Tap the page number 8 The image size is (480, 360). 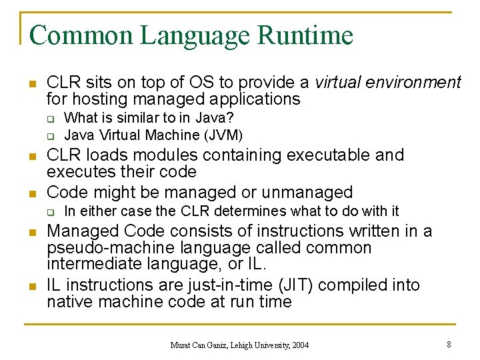pos(449,345)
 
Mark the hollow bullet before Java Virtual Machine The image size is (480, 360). pos(50,135)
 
